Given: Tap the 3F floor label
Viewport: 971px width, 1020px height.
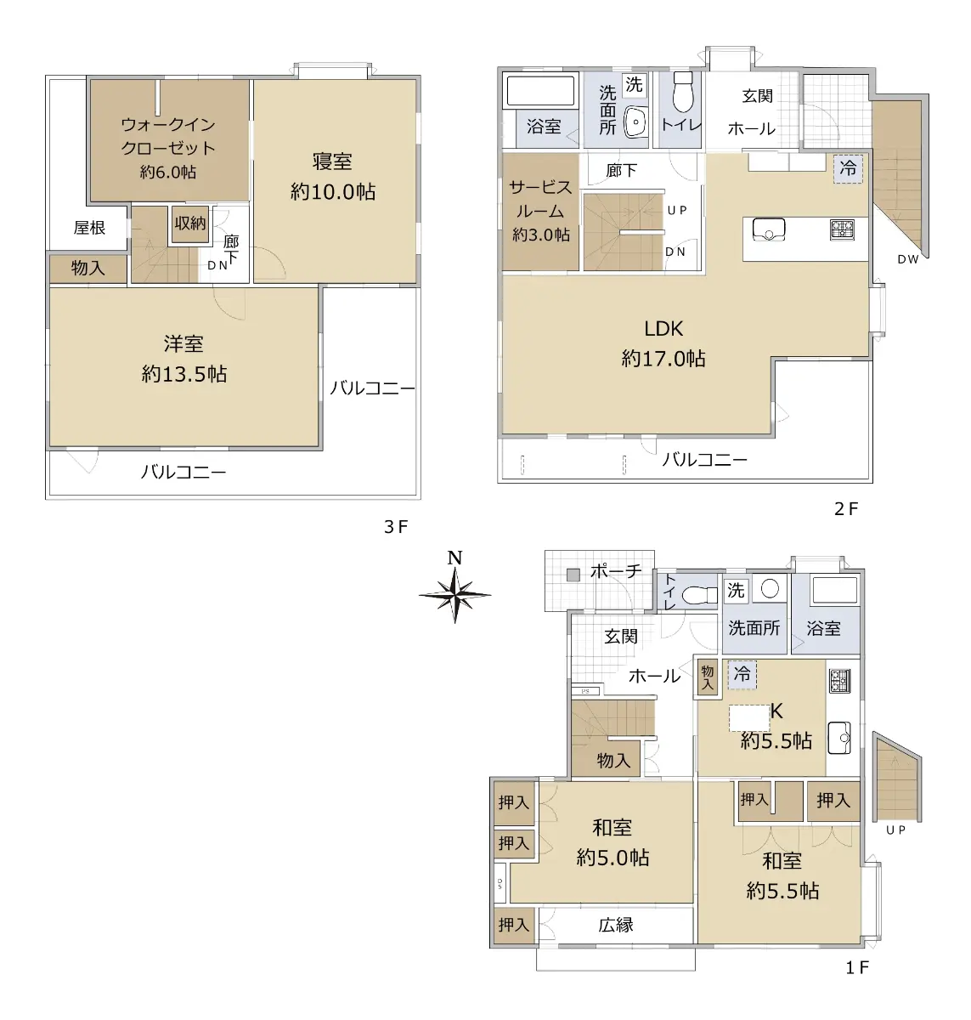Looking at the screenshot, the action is coord(396,527).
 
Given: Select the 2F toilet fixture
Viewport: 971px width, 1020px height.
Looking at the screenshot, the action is coord(683,93).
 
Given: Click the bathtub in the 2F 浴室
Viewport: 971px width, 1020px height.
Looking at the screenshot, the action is coord(540,90).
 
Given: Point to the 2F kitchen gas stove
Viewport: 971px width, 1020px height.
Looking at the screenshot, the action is coord(842,229).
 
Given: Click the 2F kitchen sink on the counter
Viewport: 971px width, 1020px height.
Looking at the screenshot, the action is coord(769,229).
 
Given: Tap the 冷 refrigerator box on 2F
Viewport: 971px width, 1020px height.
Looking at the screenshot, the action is coord(848,168).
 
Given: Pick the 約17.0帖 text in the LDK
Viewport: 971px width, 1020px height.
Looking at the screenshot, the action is coord(663,359).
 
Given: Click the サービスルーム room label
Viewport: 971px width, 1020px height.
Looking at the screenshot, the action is coord(540,199).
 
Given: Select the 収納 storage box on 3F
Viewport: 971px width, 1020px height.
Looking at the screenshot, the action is coord(190,224).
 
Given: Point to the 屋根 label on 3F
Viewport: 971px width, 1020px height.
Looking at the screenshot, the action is coord(89,227).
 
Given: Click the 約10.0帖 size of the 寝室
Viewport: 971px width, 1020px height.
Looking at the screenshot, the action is coord(333,192).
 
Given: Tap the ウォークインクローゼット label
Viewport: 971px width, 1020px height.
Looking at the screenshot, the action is coord(168,136).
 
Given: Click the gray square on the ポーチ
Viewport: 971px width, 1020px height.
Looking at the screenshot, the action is coord(573,575).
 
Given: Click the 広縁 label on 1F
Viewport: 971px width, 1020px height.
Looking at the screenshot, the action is coord(616,924).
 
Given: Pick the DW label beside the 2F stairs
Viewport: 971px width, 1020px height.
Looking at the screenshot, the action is coord(908,259).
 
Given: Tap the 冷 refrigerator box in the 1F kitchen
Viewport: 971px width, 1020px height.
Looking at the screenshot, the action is coord(742,674).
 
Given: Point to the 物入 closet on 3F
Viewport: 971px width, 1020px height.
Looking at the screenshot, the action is coord(88,269).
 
